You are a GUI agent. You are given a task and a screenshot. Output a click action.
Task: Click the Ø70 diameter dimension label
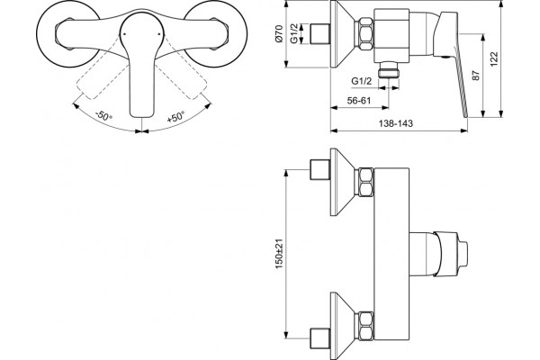point(279,34)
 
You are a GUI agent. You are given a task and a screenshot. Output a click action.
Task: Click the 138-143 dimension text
point(395,123)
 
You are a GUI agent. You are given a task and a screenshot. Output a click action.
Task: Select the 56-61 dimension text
point(359,101)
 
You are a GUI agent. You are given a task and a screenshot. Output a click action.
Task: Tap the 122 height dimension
point(494,59)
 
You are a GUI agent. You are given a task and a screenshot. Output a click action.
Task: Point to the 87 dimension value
point(475,76)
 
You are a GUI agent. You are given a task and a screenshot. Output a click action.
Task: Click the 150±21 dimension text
point(279,254)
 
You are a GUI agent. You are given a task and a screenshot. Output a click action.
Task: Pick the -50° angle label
point(103,115)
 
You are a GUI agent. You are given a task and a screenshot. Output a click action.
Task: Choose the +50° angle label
point(175,117)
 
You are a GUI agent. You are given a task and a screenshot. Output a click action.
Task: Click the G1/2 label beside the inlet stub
point(294,34)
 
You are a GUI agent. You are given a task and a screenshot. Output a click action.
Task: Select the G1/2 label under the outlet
point(362,81)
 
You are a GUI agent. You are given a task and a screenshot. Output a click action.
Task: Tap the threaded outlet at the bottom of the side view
point(389,70)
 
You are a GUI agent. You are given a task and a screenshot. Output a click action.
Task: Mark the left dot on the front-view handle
point(125,34)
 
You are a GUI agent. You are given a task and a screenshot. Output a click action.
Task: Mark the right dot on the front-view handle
point(159,34)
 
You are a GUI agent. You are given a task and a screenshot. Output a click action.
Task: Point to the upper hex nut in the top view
point(366,182)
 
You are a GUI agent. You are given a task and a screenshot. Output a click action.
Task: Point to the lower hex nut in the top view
point(366,326)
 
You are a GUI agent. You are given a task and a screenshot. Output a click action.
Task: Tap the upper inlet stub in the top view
point(320,169)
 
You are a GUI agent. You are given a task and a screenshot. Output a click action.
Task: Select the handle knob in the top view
point(451,254)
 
